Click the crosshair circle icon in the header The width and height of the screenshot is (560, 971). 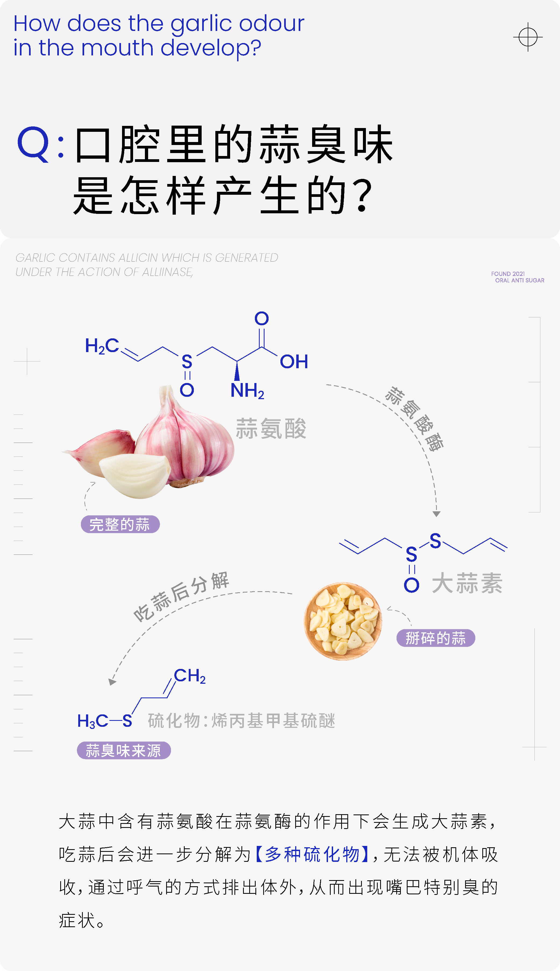528,37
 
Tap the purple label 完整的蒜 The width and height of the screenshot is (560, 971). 120,524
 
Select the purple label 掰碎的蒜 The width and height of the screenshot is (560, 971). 436,638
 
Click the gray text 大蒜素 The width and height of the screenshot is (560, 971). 467,583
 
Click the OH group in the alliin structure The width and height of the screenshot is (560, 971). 294,362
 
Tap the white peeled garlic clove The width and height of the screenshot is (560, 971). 135,475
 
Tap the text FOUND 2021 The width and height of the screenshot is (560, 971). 508,274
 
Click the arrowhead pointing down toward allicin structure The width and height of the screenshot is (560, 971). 436,513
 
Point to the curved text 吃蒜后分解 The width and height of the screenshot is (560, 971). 181,596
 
